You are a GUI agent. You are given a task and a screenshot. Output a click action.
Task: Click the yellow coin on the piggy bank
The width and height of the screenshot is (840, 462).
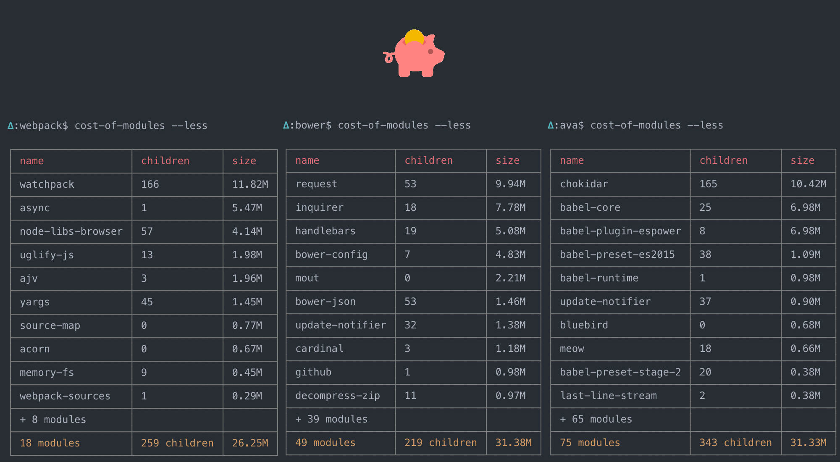tap(415, 36)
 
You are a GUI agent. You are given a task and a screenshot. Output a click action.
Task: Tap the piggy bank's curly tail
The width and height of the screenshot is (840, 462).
tap(388, 57)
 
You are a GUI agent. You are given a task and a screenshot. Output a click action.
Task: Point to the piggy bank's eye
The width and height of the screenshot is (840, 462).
tap(430, 52)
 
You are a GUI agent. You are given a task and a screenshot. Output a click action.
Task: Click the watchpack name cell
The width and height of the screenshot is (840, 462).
tap(47, 184)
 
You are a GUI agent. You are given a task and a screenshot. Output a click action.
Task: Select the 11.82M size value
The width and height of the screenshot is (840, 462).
tap(250, 184)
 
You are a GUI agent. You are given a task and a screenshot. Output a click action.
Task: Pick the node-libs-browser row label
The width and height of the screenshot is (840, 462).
tap(71, 231)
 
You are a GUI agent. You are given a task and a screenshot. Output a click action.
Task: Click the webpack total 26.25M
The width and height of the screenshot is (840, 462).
tap(250, 443)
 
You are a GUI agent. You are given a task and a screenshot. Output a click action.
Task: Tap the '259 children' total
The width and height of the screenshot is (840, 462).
tap(177, 443)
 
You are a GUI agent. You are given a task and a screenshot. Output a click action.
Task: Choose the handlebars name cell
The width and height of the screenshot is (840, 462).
tap(325, 231)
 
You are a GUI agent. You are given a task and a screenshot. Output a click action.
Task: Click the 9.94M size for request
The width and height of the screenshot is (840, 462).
tap(510, 184)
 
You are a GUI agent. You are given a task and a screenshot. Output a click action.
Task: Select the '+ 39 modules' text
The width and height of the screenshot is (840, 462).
tap(331, 419)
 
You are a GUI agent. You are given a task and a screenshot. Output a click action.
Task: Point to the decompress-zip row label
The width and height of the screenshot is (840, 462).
tap(337, 396)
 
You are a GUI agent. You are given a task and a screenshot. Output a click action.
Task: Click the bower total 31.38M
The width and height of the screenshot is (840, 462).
tap(513, 443)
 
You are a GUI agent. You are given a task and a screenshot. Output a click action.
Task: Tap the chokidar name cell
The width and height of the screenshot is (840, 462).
tap(584, 184)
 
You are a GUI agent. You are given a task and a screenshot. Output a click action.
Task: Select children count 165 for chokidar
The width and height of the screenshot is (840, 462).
tap(708, 184)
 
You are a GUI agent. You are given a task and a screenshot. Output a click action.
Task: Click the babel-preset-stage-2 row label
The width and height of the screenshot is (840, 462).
tap(620, 372)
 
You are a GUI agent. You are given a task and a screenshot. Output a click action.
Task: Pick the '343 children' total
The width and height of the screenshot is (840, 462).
tap(735, 443)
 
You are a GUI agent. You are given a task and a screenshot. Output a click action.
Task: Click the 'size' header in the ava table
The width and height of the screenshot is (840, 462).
tap(802, 160)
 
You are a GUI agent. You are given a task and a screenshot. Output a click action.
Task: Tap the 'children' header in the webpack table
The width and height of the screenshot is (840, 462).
tap(165, 161)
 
